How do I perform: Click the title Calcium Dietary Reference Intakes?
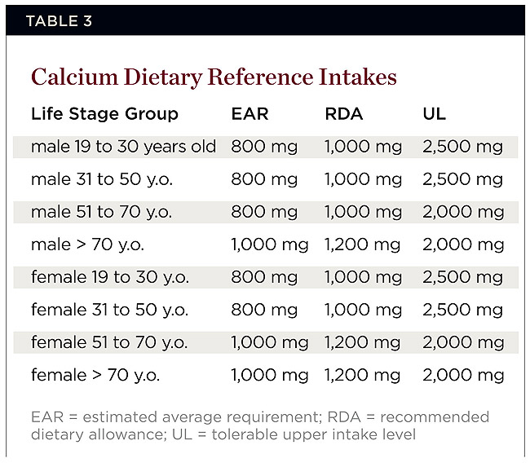[x=214, y=77]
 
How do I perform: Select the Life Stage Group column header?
[x=104, y=113]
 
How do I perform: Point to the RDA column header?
[x=344, y=113]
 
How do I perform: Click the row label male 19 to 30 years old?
[x=124, y=147]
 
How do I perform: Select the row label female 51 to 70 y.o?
[x=109, y=342]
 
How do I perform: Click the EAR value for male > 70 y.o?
[x=270, y=245]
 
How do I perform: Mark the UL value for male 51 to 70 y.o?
[x=463, y=212]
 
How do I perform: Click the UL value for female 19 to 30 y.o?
[x=463, y=277]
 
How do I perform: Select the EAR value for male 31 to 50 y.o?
[x=264, y=179]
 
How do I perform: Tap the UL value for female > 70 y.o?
[x=463, y=376]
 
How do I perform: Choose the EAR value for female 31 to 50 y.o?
[x=264, y=310]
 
